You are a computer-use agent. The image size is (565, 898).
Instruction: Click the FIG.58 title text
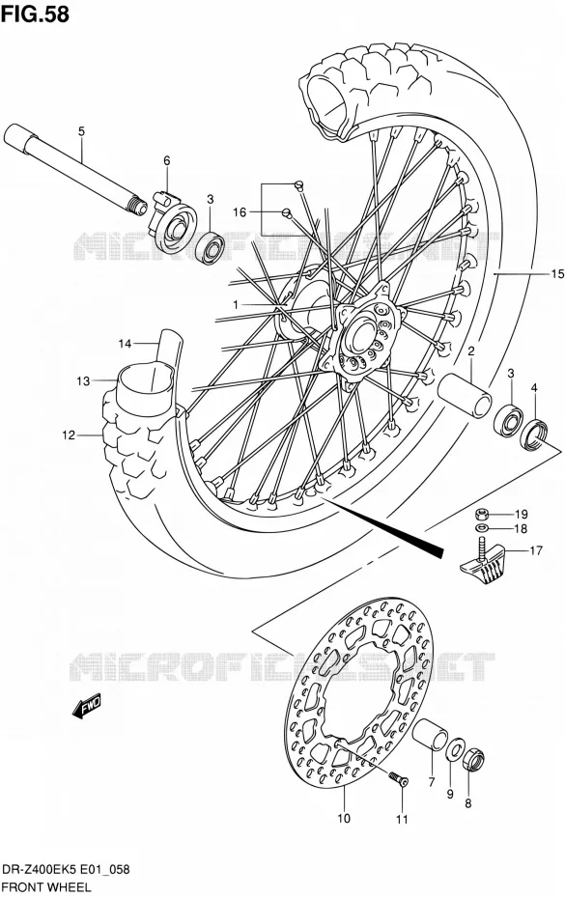35,14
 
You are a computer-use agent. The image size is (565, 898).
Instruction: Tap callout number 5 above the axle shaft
81,131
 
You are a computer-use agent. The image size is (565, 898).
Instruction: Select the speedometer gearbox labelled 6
173,219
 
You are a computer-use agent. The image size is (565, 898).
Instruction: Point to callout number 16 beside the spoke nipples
239,212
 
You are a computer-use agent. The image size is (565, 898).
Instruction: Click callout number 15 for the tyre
557,274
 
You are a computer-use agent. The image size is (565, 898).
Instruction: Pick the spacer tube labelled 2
465,396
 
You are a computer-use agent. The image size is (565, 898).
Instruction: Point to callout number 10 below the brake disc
343,819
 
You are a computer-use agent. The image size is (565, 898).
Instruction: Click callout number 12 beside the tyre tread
69,435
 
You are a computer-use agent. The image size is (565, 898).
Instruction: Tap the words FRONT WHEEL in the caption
46,887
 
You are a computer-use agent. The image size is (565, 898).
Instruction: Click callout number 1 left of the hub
235,305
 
